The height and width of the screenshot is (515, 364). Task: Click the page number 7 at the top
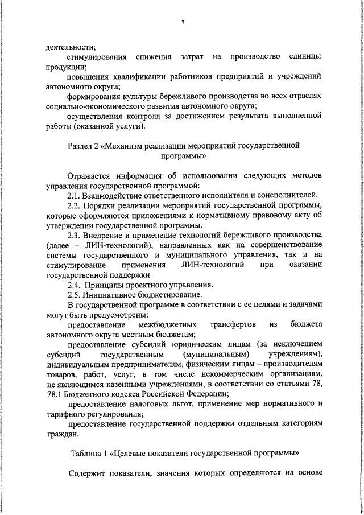[183, 23]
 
